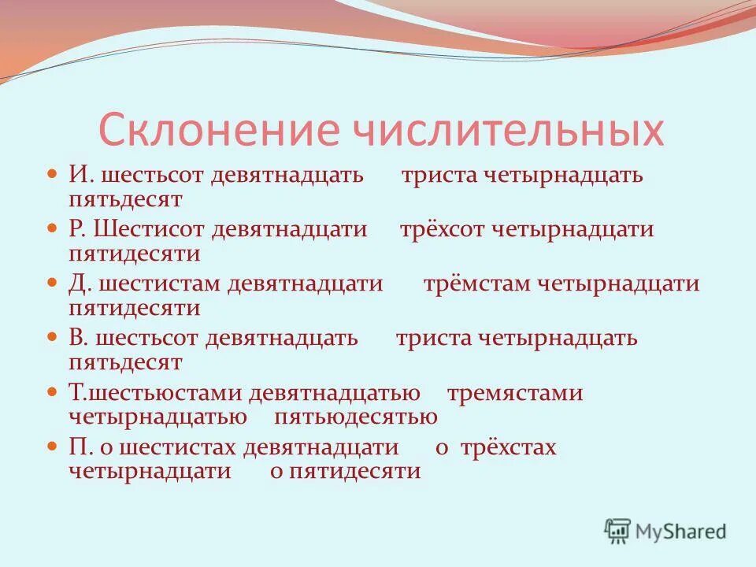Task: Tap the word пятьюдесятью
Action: pos(356,417)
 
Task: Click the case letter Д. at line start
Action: pos(78,283)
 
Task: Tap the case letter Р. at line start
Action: pos(77,229)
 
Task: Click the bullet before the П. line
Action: pos(53,446)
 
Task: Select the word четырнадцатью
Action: pos(157,417)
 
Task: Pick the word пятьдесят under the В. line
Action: pos(125,362)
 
